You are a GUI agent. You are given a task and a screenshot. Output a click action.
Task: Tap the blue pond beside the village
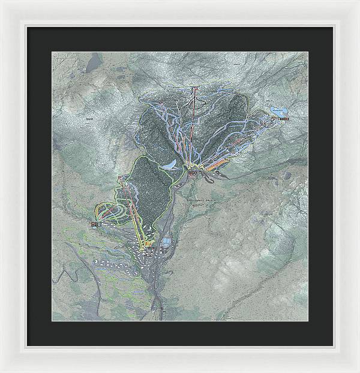(166, 242)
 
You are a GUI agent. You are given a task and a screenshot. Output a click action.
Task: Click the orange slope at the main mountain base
(218, 163)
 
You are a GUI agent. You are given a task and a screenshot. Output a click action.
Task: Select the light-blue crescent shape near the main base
(170, 164)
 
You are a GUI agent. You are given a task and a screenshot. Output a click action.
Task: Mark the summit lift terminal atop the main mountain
(194, 90)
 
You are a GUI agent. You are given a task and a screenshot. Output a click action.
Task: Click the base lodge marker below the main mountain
(193, 173)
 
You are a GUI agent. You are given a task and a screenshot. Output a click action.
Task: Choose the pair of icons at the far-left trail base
(94, 224)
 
